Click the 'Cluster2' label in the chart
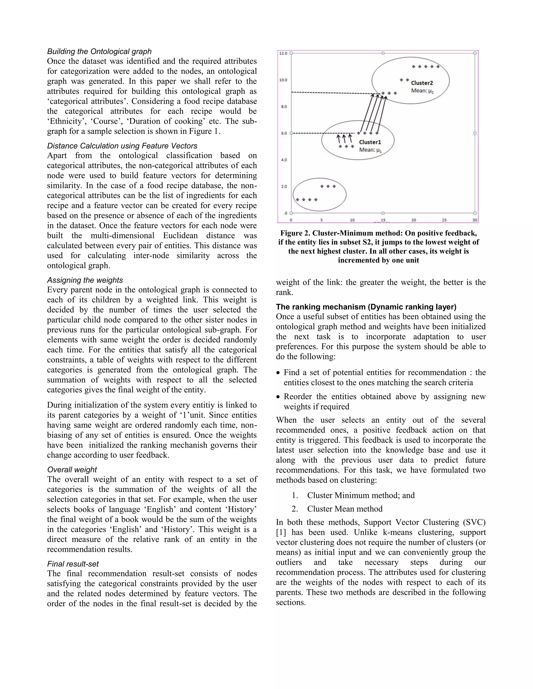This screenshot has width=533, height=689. click(x=422, y=83)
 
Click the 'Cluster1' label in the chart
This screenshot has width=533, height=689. click(x=370, y=142)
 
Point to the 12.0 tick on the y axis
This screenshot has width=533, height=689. click(x=283, y=53)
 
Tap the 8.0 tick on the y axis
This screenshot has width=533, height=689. click(x=284, y=107)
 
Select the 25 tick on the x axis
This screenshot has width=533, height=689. click(x=444, y=220)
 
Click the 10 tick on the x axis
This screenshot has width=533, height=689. click(x=352, y=220)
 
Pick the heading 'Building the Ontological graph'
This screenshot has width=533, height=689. click(x=99, y=51)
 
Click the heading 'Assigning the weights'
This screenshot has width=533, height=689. click(x=85, y=280)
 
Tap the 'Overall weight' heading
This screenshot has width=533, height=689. click(x=72, y=469)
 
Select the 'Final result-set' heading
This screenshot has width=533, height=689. click(x=73, y=564)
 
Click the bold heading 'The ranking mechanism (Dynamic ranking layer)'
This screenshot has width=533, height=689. click(x=366, y=307)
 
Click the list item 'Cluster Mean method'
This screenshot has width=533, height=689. click(x=345, y=509)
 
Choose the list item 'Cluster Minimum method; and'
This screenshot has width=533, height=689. click(x=361, y=495)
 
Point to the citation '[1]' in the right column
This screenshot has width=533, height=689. click(x=281, y=532)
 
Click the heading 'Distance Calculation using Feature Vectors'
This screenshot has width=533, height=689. click(x=122, y=146)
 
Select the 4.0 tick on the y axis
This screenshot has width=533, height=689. click(x=284, y=160)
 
